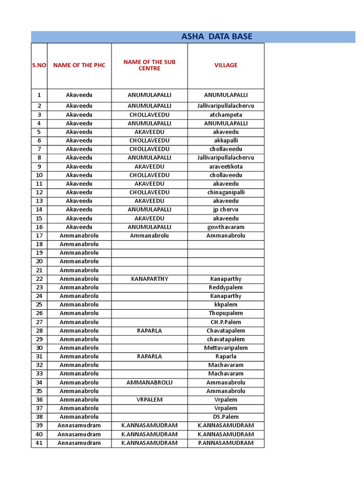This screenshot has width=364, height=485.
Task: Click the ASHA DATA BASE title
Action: click(217, 37)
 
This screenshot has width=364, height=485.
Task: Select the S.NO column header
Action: click(39, 65)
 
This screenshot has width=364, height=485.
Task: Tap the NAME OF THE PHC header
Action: click(79, 65)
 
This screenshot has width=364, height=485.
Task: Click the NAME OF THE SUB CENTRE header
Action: click(149, 65)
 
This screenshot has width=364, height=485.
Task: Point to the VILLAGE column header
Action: click(226, 65)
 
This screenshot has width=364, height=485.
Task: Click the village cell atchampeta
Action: click(226, 115)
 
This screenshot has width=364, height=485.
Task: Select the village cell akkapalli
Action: click(226, 141)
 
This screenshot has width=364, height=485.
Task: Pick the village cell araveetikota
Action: click(226, 167)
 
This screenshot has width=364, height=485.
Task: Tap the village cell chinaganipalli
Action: click(226, 193)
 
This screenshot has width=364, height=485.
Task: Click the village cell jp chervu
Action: click(226, 210)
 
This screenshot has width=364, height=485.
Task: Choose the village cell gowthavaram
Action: click(226, 227)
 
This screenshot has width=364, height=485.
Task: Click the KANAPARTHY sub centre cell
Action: click(149, 279)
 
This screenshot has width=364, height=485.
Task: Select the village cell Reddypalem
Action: click(226, 287)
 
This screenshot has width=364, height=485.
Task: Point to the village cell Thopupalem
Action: click(226, 313)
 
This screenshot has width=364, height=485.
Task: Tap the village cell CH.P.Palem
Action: click(226, 322)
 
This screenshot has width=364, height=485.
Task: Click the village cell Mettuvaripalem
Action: click(226, 348)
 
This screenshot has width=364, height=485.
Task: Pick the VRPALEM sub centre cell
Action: click(149, 400)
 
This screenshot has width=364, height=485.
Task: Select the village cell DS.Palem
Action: click(226, 417)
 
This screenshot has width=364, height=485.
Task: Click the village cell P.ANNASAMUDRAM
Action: click(226, 443)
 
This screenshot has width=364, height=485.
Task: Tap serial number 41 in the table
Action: click(39, 443)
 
